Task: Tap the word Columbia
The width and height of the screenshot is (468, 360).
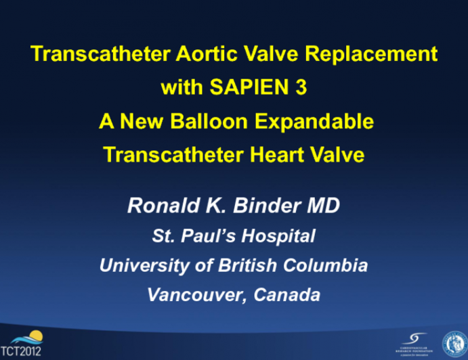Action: tap(326, 265)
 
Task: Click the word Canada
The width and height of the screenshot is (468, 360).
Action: tap(283, 295)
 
